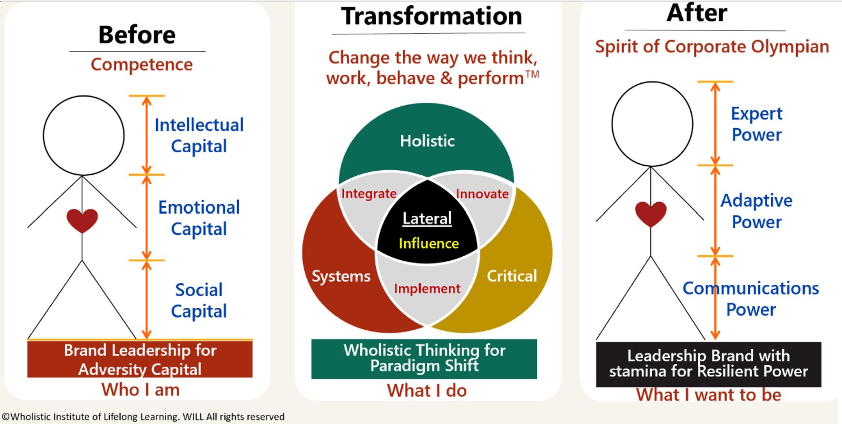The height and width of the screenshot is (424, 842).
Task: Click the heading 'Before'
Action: point(137,35)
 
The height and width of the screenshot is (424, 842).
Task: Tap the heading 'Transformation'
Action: point(431,16)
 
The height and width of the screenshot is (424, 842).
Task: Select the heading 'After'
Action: point(697,13)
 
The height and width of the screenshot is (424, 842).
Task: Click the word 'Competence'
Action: point(141,65)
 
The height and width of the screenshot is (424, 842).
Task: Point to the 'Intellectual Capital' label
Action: point(199,135)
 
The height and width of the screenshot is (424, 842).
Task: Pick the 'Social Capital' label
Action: point(199,301)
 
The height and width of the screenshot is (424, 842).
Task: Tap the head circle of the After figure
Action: point(652,124)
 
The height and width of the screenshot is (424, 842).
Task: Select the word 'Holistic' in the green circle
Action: point(427,141)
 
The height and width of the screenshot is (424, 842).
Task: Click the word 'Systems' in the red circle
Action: point(341,276)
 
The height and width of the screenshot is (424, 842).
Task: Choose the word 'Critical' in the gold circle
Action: point(512,276)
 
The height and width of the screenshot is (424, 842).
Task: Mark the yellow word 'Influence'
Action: point(429,243)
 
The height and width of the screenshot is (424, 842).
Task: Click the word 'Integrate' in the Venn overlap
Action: point(369,194)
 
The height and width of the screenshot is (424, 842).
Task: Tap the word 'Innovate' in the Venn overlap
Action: point(482,194)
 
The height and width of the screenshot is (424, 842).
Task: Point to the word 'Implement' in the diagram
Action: point(427,289)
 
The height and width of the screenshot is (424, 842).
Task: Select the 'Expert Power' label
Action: point(756,124)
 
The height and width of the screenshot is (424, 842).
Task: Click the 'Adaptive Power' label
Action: point(756,211)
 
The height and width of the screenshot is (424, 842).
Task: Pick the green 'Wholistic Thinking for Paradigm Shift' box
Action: point(424,359)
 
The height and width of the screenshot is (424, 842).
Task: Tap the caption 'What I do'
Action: point(427,391)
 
